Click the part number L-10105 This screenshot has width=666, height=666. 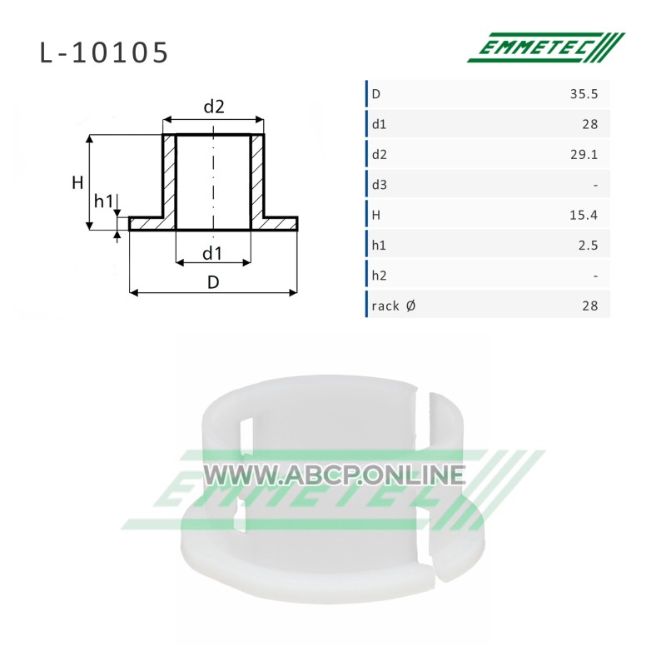104,53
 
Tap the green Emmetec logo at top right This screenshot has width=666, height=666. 546,47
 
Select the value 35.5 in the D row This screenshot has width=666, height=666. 584,94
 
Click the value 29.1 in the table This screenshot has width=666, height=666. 584,154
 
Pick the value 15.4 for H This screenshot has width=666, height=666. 584,215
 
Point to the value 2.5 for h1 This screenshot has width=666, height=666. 589,245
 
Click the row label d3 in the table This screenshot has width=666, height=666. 380,185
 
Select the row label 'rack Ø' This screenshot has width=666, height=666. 394,306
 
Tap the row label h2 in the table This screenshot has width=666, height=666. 380,276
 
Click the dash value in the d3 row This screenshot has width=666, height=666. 595,185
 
